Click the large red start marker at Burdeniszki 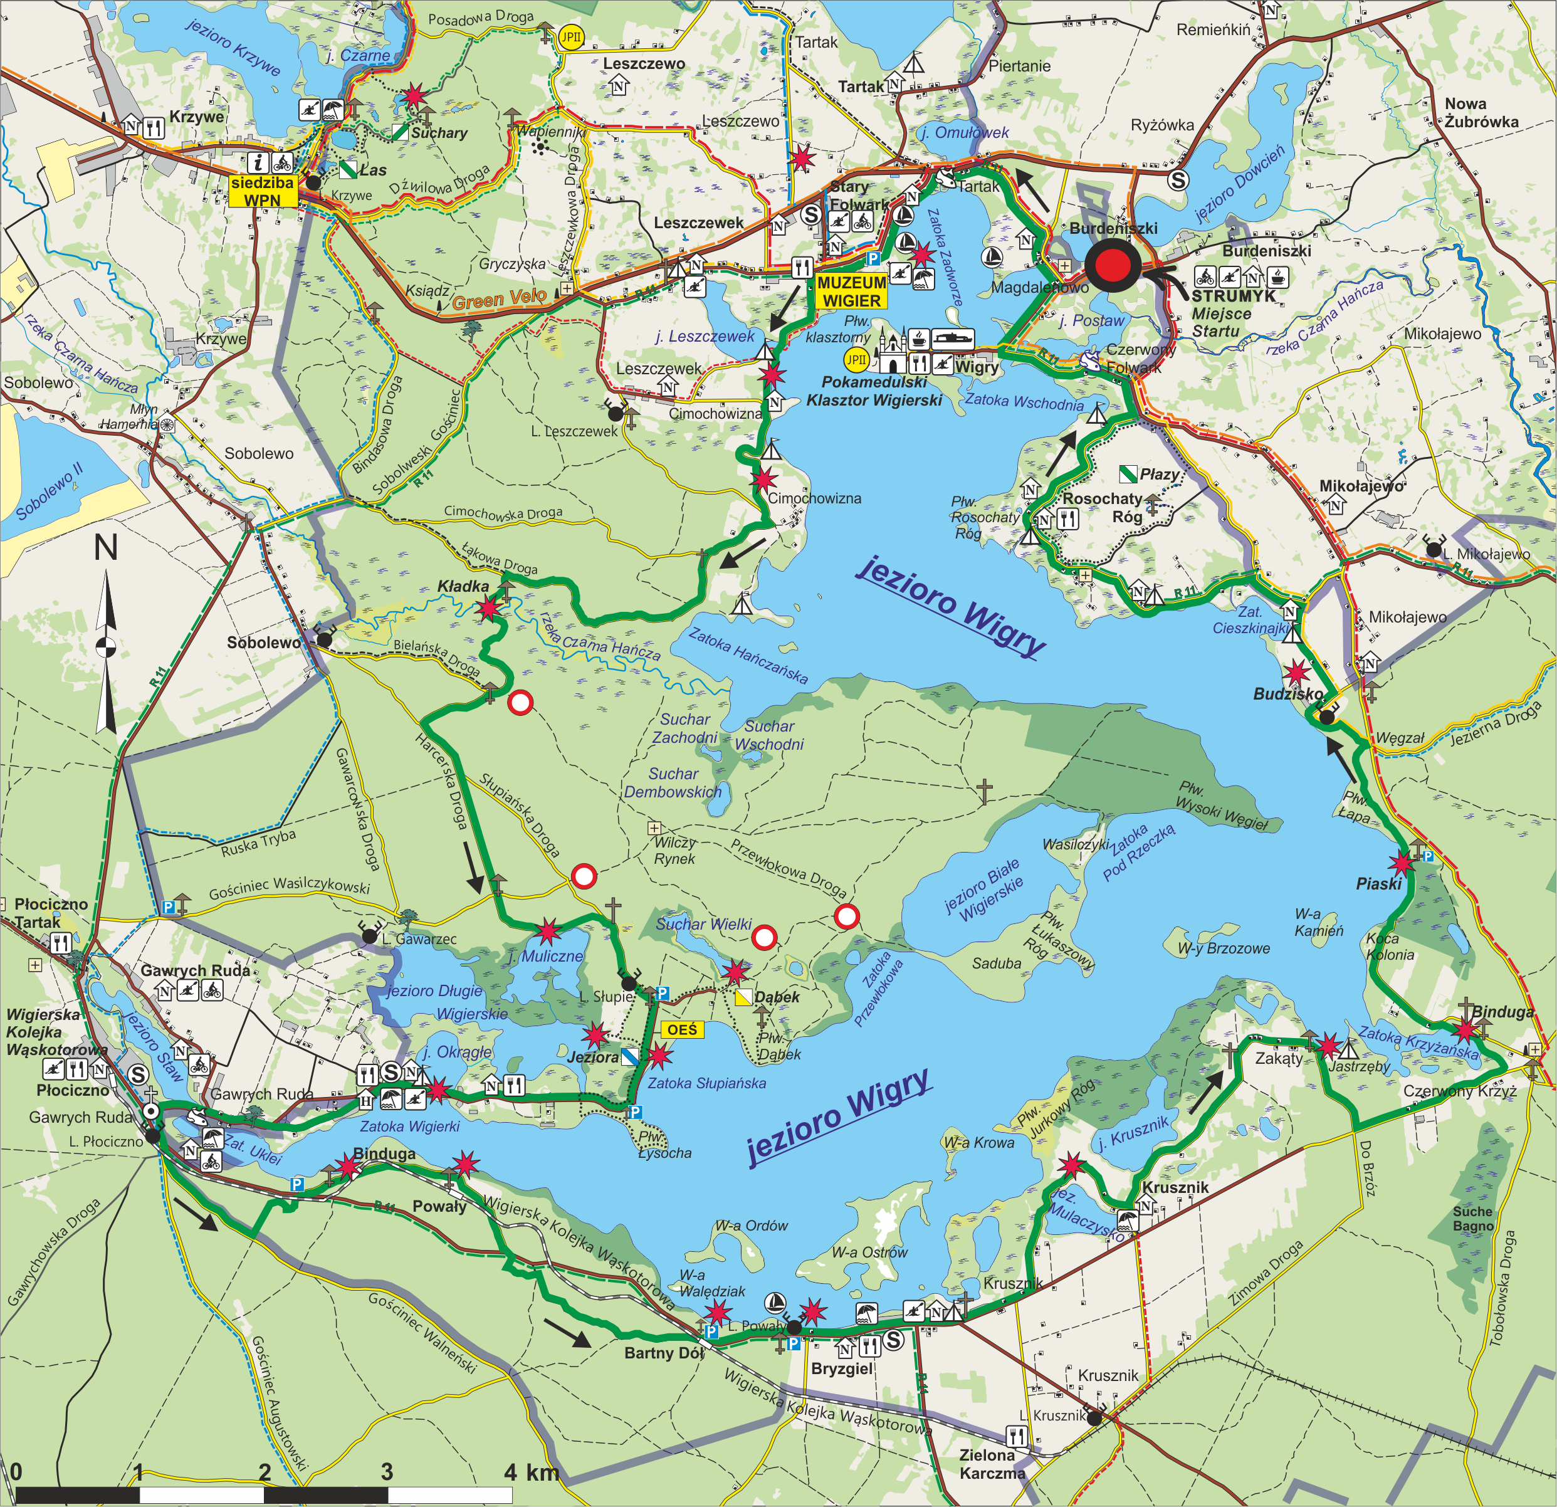(x=1112, y=266)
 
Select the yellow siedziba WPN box (x=262, y=191)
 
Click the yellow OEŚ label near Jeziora (x=681, y=1029)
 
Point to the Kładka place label (x=463, y=586)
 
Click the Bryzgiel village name (x=841, y=1368)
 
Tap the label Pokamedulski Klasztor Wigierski (x=874, y=391)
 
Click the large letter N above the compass (x=107, y=547)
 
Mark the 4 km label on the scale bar (x=531, y=1472)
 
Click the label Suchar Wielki (x=703, y=924)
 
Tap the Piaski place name (x=1378, y=883)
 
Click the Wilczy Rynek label (x=674, y=850)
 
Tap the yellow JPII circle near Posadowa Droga (x=570, y=36)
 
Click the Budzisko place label (x=1287, y=693)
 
